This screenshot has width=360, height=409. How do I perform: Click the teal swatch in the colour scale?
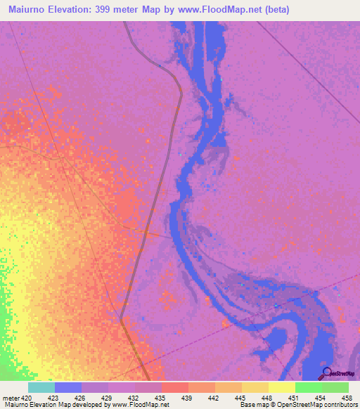[x=41, y=387]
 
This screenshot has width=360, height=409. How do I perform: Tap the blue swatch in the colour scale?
[x=68, y=387]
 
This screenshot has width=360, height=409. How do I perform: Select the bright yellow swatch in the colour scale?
[x=281, y=387]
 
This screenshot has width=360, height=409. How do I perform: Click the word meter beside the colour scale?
[x=10, y=397]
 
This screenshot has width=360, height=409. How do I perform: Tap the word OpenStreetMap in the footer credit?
[x=295, y=405]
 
